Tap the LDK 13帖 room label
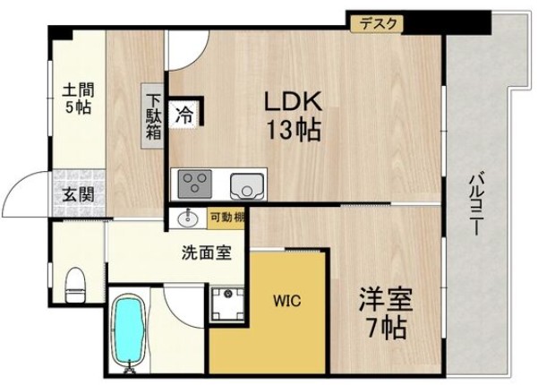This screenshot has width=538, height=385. (292, 116)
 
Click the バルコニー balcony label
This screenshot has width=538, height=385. (474, 201)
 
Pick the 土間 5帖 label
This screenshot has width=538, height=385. (78, 98)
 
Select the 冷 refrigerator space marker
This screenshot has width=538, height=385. (185, 114)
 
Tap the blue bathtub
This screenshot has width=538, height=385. (129, 330)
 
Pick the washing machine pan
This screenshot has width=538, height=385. (228, 304)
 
